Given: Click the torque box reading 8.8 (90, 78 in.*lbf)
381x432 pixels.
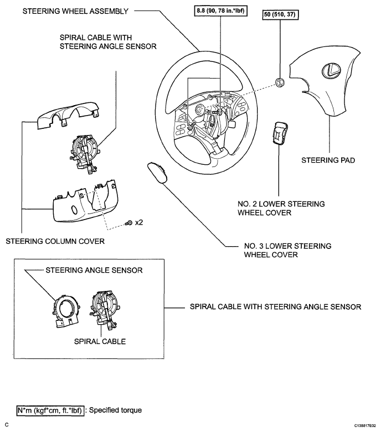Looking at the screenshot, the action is click(x=220, y=11).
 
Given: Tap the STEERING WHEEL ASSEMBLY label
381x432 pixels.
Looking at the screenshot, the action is click(x=75, y=11).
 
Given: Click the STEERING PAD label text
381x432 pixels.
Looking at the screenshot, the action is click(x=328, y=160).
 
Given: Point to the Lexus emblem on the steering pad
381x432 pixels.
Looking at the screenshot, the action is click(x=331, y=70).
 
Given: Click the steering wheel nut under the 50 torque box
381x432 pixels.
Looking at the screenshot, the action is click(x=280, y=82).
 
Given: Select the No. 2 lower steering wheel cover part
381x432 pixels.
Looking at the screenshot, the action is click(x=280, y=133).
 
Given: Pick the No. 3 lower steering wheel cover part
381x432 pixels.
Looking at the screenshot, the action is click(x=157, y=173).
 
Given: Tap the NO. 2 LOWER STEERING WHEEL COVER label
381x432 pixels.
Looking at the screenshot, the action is click(x=281, y=209).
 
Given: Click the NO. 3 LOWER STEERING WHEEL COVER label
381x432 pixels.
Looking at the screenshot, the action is click(x=287, y=250).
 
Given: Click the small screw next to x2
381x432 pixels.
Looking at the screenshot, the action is click(x=129, y=223).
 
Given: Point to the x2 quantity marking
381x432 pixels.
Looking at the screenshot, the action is click(x=139, y=222).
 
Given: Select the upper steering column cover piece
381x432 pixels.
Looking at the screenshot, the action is click(x=68, y=114).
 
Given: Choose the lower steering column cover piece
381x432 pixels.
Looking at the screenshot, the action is click(x=85, y=202).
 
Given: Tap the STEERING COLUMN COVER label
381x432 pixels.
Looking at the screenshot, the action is click(x=55, y=241).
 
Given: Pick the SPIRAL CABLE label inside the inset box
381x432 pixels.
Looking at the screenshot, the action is click(x=100, y=342).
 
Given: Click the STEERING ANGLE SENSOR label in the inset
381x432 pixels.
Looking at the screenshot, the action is click(x=94, y=270).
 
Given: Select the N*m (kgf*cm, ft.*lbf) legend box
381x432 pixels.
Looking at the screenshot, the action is click(x=50, y=410).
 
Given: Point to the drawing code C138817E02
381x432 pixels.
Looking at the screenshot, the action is click(x=365, y=426).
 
